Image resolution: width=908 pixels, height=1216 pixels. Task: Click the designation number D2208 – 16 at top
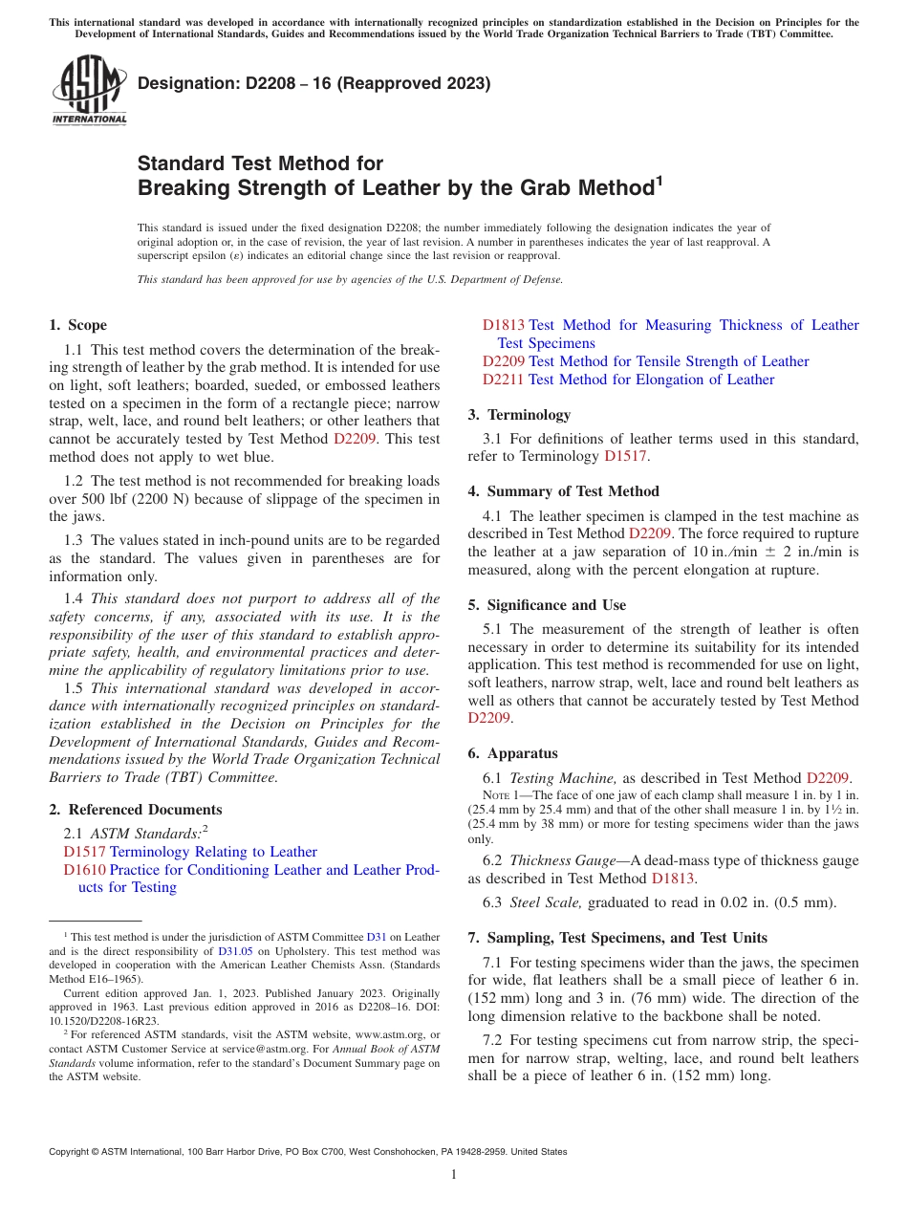tap(257, 84)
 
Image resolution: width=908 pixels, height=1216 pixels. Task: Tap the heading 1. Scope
tap(78, 325)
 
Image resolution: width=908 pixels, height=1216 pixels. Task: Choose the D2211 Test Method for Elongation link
tap(504, 380)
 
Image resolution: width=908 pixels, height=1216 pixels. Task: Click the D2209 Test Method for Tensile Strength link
tap(504, 361)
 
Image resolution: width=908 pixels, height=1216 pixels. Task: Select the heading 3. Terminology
tap(520, 415)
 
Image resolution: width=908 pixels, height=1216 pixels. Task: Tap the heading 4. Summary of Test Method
tap(564, 491)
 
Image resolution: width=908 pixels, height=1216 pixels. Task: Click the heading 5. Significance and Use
tap(548, 605)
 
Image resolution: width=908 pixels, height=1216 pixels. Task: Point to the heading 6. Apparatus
tap(513, 753)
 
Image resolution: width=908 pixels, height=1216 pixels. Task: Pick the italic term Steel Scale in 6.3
tap(546, 902)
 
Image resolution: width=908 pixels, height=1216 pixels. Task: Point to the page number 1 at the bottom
tap(454, 1175)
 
